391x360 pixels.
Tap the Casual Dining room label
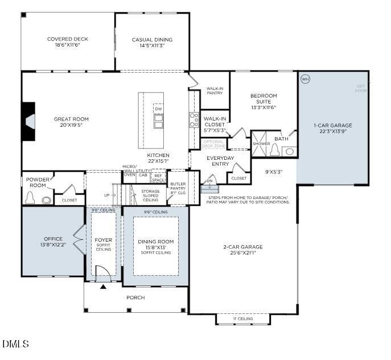point(152,40)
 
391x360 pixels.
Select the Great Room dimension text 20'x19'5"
point(71,126)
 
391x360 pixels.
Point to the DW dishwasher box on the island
point(158,109)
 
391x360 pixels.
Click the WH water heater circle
point(304,78)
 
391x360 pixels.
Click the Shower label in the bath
point(262,144)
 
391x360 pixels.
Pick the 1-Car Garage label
point(332,126)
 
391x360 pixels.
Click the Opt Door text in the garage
point(361,88)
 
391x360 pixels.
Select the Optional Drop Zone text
point(214,144)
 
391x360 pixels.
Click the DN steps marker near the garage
point(209,181)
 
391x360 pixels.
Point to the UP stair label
point(108,195)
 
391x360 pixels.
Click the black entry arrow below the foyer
point(103,287)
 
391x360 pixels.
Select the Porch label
point(135,297)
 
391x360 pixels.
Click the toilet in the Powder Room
point(31,199)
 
